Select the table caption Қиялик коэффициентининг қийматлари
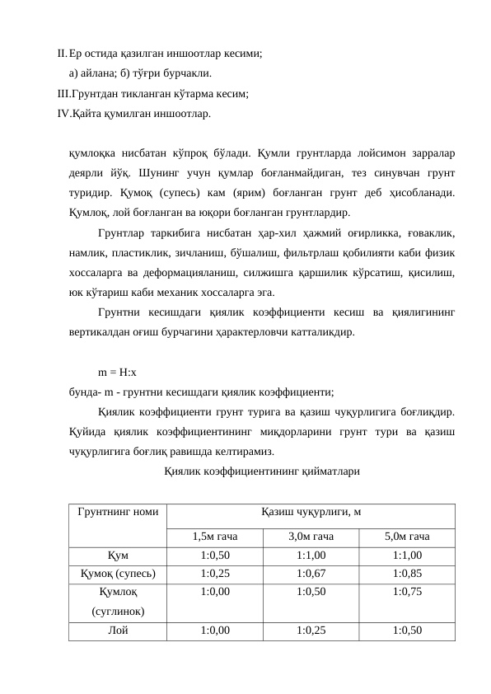(261, 471)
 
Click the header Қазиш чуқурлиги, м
(310, 512)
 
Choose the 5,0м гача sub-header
(407, 537)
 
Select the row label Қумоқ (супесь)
(116, 573)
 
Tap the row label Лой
(116, 630)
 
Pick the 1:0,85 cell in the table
(407, 573)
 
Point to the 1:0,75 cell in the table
(407, 591)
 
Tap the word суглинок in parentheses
(116, 612)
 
